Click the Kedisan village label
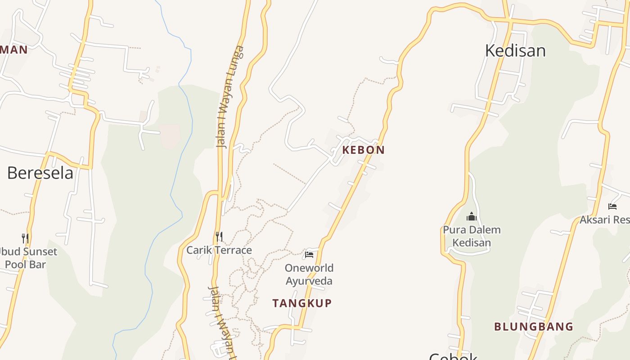pyautogui.click(x=515, y=50)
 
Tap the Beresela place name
pyautogui.click(x=40, y=173)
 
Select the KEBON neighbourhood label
pyautogui.click(x=363, y=150)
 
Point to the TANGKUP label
pyautogui.click(x=302, y=303)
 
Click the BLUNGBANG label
pyautogui.click(x=534, y=327)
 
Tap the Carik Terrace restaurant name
pyautogui.click(x=219, y=250)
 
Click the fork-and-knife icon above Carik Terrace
pyautogui.click(x=219, y=236)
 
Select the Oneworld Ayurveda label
pyautogui.click(x=309, y=274)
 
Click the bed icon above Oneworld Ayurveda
pyautogui.click(x=309, y=254)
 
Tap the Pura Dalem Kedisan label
pyautogui.click(x=472, y=236)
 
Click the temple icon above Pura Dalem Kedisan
pyautogui.click(x=472, y=216)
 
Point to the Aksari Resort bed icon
pyautogui.click(x=612, y=207)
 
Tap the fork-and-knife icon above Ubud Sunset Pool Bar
pyautogui.click(x=25, y=238)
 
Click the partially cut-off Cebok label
pyautogui.click(x=453, y=356)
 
